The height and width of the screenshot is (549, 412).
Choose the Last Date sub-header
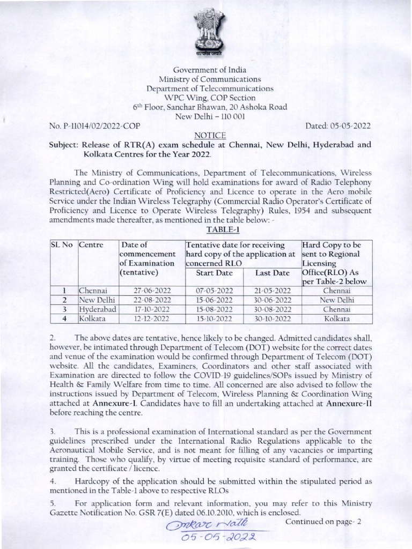[272, 273]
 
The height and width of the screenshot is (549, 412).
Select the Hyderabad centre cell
[98, 310]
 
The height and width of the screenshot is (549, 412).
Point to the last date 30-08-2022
[272, 310]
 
